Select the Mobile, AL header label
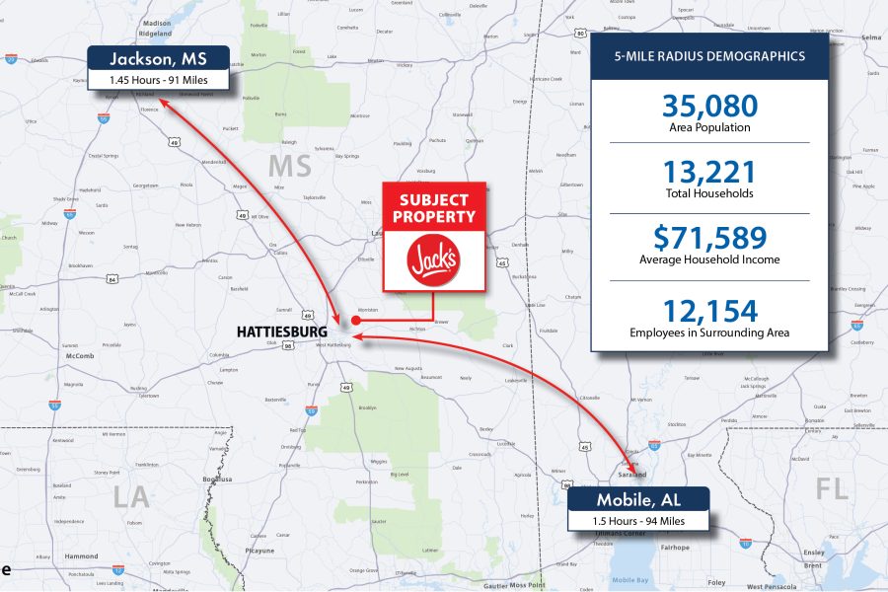click(x=638, y=499)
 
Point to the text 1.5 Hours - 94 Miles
click(x=638, y=520)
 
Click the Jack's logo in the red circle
click(x=433, y=261)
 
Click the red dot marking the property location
click(x=355, y=321)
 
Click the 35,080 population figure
click(x=710, y=107)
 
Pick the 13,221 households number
click(x=710, y=173)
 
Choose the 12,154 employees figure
click(x=710, y=312)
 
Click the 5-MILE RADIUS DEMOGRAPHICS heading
click(x=710, y=57)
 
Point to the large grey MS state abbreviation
click(x=290, y=167)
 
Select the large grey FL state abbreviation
click(x=832, y=487)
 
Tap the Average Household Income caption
click(x=710, y=260)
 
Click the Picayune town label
click(x=261, y=551)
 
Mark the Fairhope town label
click(x=674, y=546)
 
